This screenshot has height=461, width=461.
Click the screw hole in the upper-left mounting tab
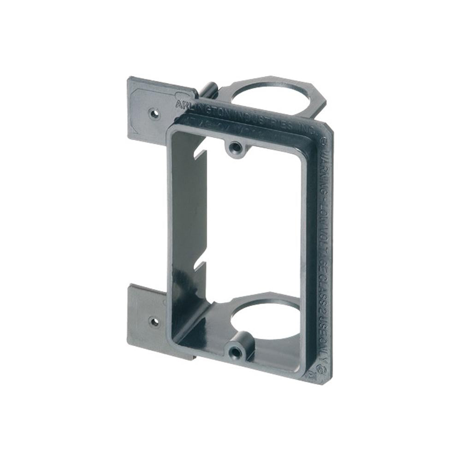tap(154, 113)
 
